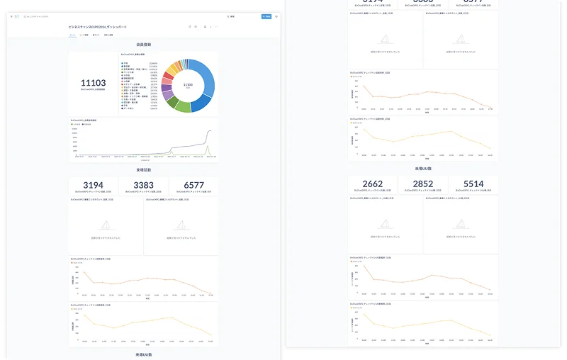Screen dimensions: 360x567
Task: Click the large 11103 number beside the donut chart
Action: [x=94, y=83]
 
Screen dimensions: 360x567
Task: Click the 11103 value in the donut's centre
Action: [x=188, y=84]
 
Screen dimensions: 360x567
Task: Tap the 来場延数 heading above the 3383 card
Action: [x=143, y=171]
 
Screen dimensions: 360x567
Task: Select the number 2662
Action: [x=372, y=184]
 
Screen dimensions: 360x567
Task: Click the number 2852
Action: [x=423, y=184]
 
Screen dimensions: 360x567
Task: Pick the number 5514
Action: [x=473, y=184]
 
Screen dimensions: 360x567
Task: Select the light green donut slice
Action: [x=182, y=106]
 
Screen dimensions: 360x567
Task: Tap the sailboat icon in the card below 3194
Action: [x=106, y=225]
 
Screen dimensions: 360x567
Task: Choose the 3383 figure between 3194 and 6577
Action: [x=143, y=186]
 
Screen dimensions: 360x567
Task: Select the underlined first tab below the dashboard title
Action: [x=73, y=34]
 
